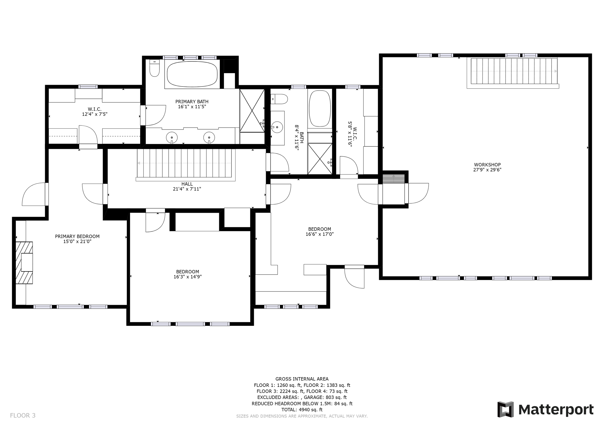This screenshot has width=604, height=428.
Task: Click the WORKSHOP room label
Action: (x=487, y=165)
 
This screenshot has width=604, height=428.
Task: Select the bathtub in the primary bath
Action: (x=192, y=74)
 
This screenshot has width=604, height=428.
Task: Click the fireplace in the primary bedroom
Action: (x=24, y=263)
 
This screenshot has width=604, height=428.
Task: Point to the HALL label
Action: (x=187, y=184)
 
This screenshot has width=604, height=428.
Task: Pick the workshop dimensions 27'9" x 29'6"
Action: (x=487, y=170)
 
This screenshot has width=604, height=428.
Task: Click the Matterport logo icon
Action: (x=505, y=410)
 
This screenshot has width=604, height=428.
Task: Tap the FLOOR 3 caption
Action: (x=23, y=416)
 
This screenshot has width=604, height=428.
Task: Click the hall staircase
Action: (x=184, y=163)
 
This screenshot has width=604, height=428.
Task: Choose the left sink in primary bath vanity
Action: (x=172, y=138)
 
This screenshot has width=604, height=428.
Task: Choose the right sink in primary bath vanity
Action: (x=209, y=138)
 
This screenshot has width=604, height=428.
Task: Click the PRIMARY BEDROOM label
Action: (x=77, y=237)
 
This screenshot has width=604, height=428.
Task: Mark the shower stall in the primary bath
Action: (x=252, y=111)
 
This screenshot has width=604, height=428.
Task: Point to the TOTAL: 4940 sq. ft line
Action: (x=302, y=410)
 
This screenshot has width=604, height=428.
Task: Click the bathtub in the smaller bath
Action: (x=320, y=109)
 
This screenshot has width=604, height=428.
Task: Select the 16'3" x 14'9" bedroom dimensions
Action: (x=187, y=277)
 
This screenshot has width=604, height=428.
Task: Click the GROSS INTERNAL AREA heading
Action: (x=302, y=379)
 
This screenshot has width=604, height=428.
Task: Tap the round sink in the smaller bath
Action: (x=277, y=127)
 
